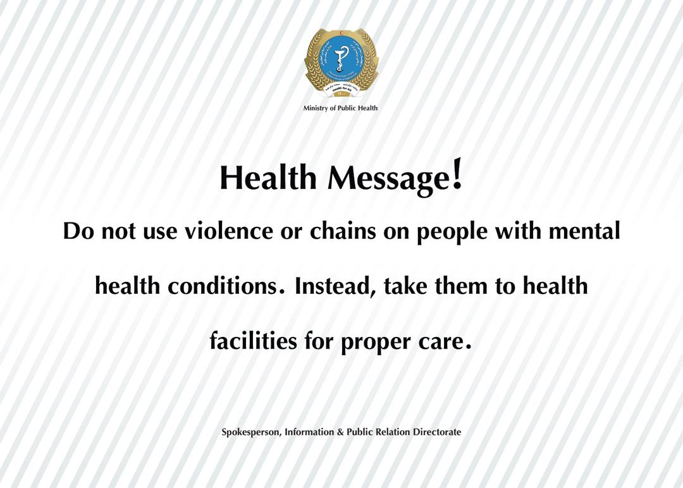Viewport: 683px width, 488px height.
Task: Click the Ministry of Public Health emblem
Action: pyautogui.click(x=341, y=62)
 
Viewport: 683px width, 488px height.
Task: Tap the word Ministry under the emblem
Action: pyautogui.click(x=316, y=108)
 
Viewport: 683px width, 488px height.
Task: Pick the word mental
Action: pyautogui.click(x=584, y=232)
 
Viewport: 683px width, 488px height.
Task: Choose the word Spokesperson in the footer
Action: pyautogui.click(x=251, y=433)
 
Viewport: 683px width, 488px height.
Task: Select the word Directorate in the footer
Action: pyautogui.click(x=437, y=432)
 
